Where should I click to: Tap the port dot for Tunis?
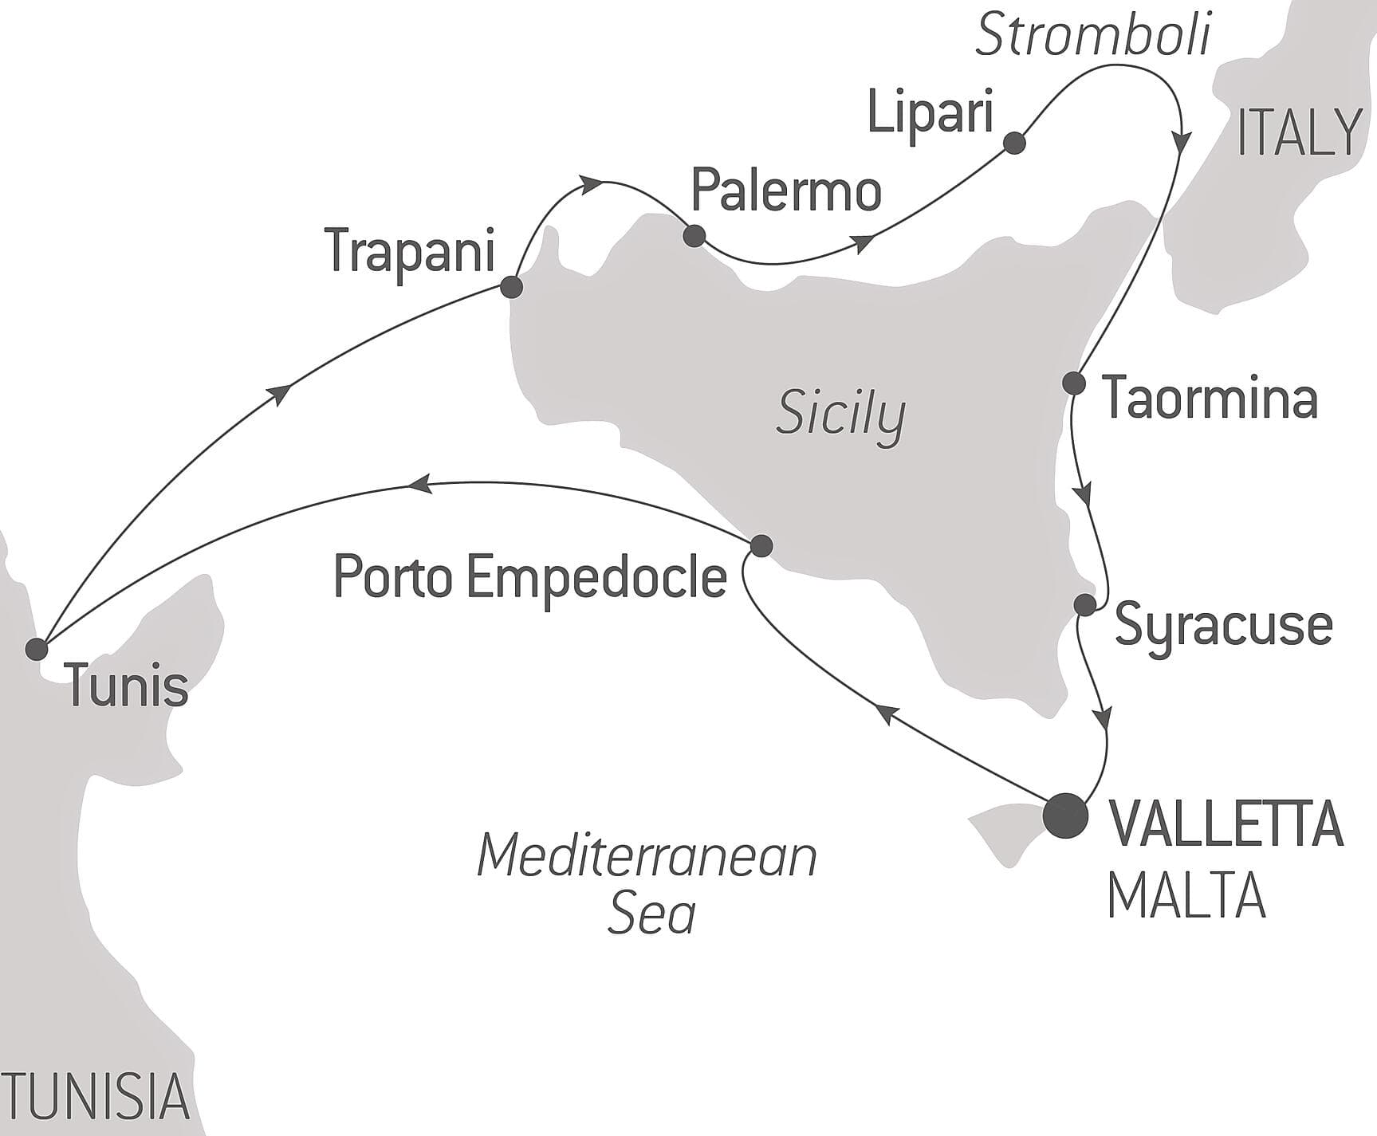point(37,649)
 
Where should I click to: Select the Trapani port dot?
point(511,287)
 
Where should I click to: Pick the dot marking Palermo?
point(694,236)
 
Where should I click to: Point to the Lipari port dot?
point(1014,143)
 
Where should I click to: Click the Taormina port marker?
point(1075,383)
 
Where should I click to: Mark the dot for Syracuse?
point(1085,605)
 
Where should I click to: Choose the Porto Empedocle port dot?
point(761,545)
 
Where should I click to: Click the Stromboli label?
point(1092,37)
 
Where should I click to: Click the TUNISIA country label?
point(94,1096)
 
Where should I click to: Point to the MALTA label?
point(1186,896)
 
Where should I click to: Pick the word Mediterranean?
point(647,857)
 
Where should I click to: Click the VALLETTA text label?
point(1226,824)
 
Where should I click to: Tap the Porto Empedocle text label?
point(530,576)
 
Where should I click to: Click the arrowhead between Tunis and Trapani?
point(280,393)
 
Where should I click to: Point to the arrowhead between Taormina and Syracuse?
point(1084,494)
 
